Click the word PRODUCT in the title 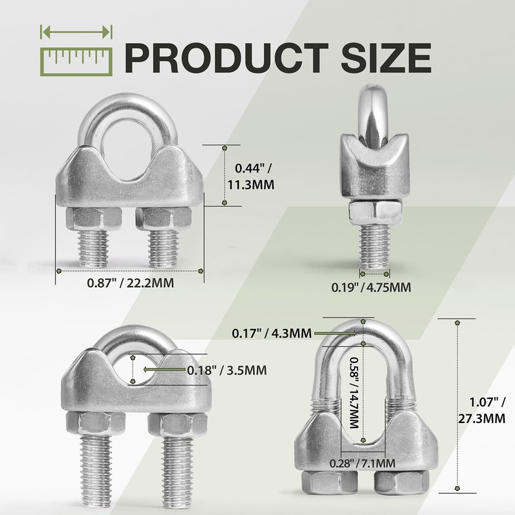(227, 58)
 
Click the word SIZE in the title (386, 58)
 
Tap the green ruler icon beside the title (76, 62)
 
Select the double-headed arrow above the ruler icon (76, 32)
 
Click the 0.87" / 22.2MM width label (131, 283)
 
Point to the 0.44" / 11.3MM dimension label (251, 176)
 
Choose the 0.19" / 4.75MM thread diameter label (371, 287)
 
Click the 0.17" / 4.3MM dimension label (272, 333)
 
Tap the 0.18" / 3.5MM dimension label (227, 371)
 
